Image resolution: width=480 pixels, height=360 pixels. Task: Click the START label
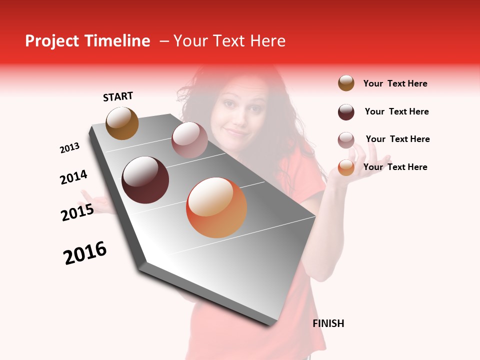coord(118,96)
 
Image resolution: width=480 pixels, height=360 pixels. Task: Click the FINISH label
coord(328,323)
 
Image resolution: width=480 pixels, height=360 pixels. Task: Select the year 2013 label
coord(69,148)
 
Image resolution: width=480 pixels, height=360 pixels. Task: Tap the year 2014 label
coord(73,177)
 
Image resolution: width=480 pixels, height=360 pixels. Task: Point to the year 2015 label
coord(77,212)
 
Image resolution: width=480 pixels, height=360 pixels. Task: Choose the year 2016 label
coord(85,253)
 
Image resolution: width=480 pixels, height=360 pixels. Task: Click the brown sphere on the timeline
coord(122,123)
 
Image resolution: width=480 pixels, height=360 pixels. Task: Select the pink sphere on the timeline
coord(189,140)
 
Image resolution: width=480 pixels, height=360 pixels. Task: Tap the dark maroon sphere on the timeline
coord(145,180)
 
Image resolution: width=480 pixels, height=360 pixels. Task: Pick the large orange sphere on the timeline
coord(216,207)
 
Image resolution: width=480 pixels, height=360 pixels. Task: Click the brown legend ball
coord(346,83)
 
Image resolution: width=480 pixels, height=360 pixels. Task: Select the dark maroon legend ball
coord(346,112)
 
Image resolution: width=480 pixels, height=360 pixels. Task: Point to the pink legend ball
coord(346,140)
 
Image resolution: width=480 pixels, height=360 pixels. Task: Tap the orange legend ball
coord(346,167)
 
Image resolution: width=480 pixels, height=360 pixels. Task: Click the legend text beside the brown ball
coord(395,83)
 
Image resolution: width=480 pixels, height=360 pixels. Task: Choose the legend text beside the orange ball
coord(395,167)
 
